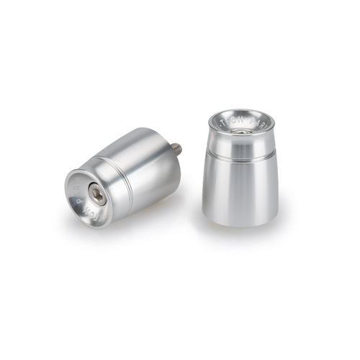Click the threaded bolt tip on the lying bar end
(x=177, y=149)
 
